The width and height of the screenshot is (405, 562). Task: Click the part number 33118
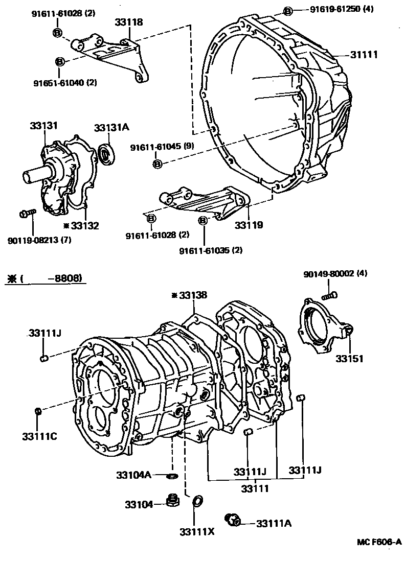[128, 22]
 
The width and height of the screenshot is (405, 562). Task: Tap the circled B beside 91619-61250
[288, 11]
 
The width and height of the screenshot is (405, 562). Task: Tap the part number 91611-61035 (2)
[211, 250]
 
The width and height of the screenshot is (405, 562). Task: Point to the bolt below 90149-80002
[330, 295]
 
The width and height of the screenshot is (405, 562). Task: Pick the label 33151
[349, 359]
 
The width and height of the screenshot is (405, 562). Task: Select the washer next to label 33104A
[172, 476]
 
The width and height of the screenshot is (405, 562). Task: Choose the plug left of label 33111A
[234, 520]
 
